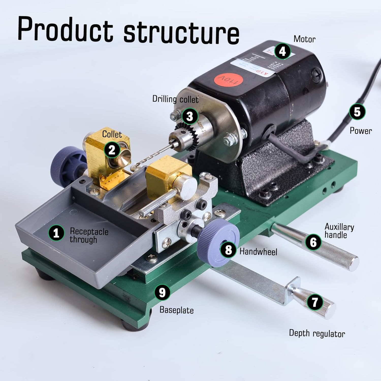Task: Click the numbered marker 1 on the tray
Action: pos(56,233)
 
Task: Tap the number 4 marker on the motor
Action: pos(282,51)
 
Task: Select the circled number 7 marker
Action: pos(315,302)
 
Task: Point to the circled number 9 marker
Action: pos(162,292)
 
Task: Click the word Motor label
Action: pos(304,39)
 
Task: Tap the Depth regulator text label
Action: pos(317,333)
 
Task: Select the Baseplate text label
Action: pos(177,310)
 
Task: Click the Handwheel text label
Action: pos(258,251)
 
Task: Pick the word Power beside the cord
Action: pos(361,131)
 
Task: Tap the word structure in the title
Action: pos(181,32)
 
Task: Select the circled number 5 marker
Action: pos(357,112)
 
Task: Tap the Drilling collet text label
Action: pos(175,99)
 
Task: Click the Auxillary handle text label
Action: pos(339,231)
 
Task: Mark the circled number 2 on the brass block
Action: pos(112,150)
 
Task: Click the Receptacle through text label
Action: pos(89,235)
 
